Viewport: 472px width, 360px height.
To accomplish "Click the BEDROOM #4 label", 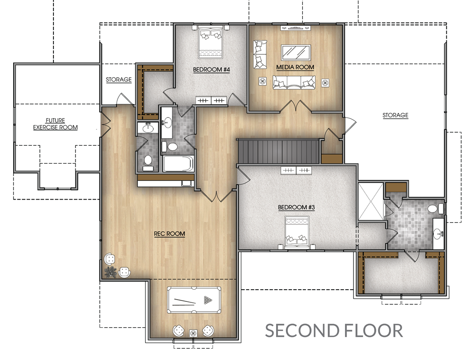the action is (211, 69).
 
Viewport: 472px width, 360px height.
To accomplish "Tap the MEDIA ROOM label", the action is (295, 67).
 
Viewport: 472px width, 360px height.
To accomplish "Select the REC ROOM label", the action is (170, 233).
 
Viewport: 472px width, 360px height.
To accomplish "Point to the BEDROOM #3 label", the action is (296, 207).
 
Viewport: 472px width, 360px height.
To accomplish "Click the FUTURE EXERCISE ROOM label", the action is (55, 124).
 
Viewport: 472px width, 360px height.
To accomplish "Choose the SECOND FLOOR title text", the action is (334, 330).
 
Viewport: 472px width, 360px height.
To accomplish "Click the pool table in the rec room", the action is (194, 300).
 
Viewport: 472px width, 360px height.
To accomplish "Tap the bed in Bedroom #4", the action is (211, 42).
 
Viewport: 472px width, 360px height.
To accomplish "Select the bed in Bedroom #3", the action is (297, 232).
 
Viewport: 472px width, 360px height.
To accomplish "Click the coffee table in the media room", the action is (296, 52).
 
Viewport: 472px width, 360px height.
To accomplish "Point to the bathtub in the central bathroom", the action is (178, 164).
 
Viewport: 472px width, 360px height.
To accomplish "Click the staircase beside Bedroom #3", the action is (278, 151).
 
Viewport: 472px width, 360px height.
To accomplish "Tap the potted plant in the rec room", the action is (111, 272).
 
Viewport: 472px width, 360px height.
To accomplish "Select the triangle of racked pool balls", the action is (208, 300).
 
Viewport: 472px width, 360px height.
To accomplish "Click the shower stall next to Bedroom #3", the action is (371, 202).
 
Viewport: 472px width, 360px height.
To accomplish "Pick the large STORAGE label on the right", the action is (395, 115).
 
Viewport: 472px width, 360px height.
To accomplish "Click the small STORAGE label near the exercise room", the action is (119, 80).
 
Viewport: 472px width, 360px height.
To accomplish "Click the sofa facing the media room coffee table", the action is (294, 82).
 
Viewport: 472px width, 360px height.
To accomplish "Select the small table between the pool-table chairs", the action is (193, 333).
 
